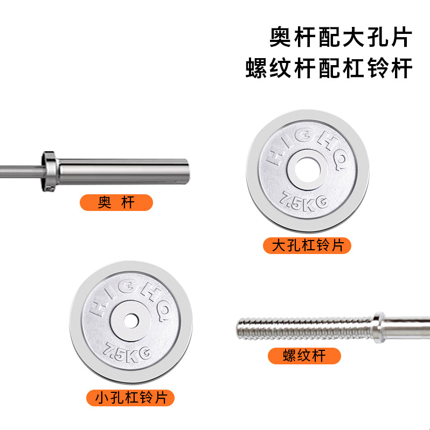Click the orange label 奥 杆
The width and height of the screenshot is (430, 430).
tap(116, 202)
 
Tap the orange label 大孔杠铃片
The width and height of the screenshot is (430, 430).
tap(307, 246)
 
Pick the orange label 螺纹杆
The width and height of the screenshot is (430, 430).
tap(304, 356)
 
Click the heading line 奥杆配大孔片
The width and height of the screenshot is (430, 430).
tap(341, 38)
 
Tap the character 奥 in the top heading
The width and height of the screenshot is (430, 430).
tap(282, 38)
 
